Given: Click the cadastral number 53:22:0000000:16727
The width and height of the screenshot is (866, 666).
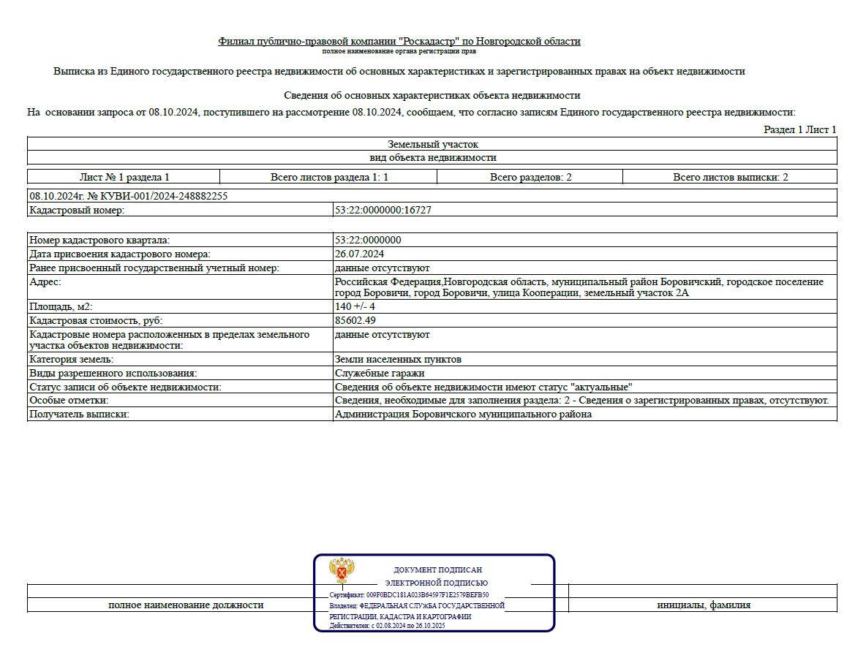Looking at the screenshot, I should pyautogui.click(x=383, y=210).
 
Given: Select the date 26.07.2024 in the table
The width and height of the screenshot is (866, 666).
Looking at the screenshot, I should pyautogui.click(x=359, y=254).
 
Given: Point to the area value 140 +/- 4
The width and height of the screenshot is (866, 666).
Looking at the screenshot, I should pyautogui.click(x=355, y=306).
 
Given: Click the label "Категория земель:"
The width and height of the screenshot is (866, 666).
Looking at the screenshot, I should pyautogui.click(x=72, y=359).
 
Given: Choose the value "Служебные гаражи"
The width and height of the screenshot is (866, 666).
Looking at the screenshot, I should pyautogui.click(x=379, y=373).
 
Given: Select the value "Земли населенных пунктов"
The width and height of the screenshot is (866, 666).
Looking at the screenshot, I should pyautogui.click(x=398, y=359).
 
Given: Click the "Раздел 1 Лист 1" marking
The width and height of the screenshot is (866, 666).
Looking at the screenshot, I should pyautogui.click(x=799, y=129).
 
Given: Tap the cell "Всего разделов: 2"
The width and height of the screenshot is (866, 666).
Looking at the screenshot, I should pyautogui.click(x=530, y=177).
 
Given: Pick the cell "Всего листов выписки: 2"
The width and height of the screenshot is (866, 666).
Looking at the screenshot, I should pyautogui.click(x=730, y=177).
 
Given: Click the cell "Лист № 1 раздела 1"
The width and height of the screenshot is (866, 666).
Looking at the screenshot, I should pyautogui.click(x=124, y=177).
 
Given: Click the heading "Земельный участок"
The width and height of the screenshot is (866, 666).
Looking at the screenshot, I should pyautogui.click(x=432, y=144).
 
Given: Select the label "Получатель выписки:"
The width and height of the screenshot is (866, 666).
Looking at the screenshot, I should pyautogui.click(x=79, y=414).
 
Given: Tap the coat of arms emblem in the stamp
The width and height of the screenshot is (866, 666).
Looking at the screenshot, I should pyautogui.click(x=342, y=569).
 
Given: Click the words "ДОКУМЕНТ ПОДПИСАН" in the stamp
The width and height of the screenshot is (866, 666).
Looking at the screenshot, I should pyautogui.click(x=437, y=569).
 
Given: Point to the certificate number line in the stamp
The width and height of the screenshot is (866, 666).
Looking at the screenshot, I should pyautogui.click(x=409, y=595).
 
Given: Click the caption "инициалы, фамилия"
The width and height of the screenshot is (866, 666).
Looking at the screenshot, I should pyautogui.click(x=703, y=605).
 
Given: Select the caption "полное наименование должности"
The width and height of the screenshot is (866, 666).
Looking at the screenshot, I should pyautogui.click(x=186, y=605).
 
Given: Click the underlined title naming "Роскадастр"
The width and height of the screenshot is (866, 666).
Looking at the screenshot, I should pyautogui.click(x=399, y=41).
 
